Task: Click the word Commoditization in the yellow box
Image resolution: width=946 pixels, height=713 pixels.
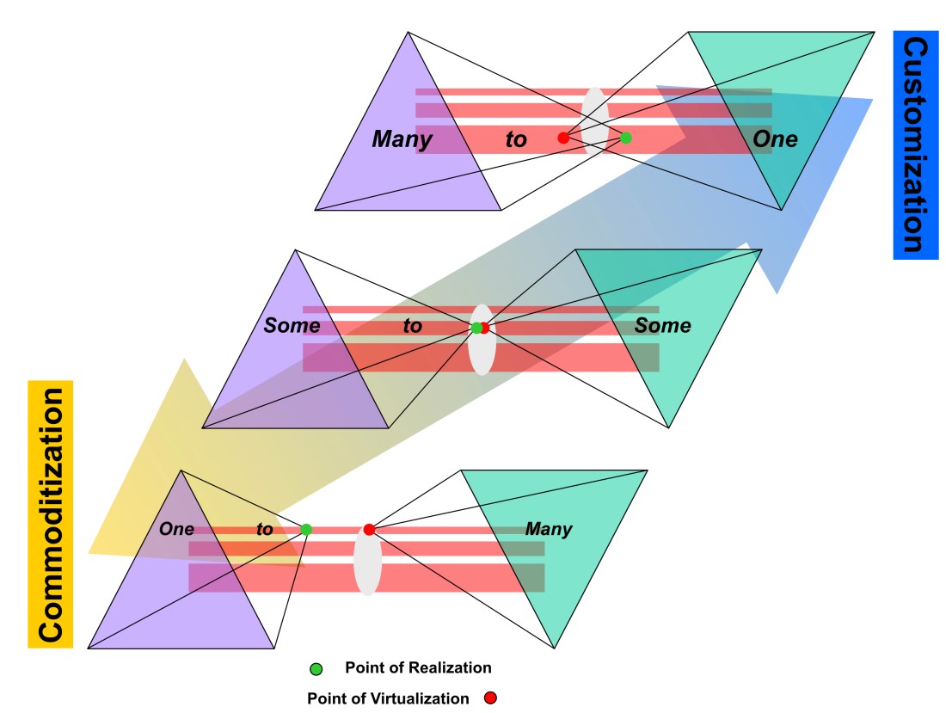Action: [51, 514]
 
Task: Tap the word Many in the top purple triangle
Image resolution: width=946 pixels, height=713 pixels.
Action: [402, 139]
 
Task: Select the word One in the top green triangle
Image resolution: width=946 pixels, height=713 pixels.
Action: [775, 139]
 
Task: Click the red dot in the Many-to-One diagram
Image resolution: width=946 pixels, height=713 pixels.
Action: [563, 138]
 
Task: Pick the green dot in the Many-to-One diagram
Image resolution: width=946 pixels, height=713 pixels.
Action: [625, 138]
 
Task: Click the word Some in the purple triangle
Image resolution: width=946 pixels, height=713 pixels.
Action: [292, 326]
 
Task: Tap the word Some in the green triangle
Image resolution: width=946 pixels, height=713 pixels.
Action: [662, 326]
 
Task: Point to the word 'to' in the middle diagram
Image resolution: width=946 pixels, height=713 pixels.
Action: [413, 326]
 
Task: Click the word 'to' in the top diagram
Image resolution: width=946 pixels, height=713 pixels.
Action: [516, 139]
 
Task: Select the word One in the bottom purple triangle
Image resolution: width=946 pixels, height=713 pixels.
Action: [176, 529]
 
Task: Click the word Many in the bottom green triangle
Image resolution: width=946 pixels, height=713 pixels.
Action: [549, 529]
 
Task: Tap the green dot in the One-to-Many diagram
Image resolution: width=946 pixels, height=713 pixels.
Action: [306, 530]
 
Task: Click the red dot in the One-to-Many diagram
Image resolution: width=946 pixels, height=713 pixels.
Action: [369, 530]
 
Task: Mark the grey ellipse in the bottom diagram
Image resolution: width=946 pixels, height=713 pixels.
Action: [367, 563]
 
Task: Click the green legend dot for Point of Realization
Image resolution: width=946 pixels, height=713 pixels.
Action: [316, 668]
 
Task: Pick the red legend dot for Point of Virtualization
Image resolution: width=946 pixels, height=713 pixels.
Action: [489, 698]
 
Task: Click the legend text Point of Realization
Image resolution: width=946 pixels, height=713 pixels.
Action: [418, 668]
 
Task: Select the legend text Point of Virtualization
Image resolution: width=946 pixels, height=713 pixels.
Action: [388, 698]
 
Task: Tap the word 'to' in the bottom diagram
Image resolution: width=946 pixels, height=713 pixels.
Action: [265, 529]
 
